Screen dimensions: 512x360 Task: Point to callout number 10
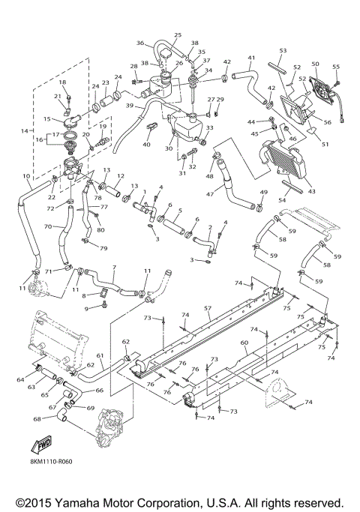coord(26,178)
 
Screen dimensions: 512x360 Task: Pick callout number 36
coord(140,43)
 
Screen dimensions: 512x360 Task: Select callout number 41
coord(252,58)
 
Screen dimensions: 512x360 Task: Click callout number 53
coord(283,50)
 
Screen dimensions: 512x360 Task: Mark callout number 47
coord(211,194)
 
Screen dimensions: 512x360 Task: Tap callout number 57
coord(208,308)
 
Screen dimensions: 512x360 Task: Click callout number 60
coord(244,343)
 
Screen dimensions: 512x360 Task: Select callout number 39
coord(130,106)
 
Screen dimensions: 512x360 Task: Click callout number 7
coord(113,268)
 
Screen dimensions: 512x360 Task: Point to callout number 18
coord(62,82)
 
